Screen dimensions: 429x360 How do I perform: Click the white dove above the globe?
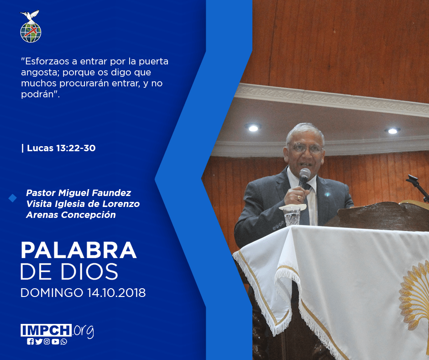[30, 16]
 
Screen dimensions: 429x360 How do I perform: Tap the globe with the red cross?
[31, 32]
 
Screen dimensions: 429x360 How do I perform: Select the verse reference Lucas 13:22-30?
[61, 148]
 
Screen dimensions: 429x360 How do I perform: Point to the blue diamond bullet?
[12, 198]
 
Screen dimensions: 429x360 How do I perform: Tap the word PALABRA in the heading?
[79, 250]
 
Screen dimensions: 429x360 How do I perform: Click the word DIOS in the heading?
[89, 271]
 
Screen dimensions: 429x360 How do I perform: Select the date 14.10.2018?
[116, 293]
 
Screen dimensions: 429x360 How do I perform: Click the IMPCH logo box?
[46, 330]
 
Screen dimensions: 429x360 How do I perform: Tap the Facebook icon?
[30, 342]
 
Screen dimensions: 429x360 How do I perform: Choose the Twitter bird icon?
[39, 342]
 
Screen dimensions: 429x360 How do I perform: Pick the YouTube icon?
[55, 342]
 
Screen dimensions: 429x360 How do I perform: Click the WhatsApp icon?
[64, 342]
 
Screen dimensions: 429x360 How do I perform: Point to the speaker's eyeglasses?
[306, 148]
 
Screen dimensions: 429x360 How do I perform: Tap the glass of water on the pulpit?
[292, 216]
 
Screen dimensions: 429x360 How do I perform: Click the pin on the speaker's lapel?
[327, 195]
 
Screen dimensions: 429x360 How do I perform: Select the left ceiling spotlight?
[253, 127]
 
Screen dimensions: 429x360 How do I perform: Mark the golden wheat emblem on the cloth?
[414, 296]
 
